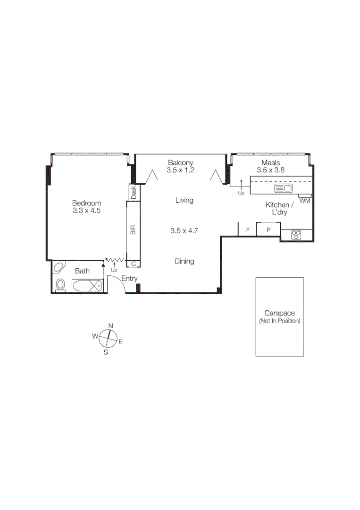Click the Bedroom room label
pyautogui.click(x=86, y=204)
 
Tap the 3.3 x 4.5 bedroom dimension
pyautogui.click(x=86, y=211)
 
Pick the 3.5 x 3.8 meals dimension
pyautogui.click(x=270, y=170)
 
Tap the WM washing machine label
pyautogui.click(x=305, y=201)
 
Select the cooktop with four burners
pyautogui.click(x=296, y=235)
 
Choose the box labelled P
pyautogui.click(x=268, y=230)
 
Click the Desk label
pyautogui.click(x=134, y=192)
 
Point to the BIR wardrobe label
pyautogui.click(x=133, y=230)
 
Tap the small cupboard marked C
pyautogui.click(x=134, y=263)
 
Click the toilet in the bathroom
pyautogui.click(x=60, y=285)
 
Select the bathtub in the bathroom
pyautogui.click(x=87, y=285)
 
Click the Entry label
pyautogui.click(x=129, y=279)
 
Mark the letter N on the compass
pyautogui.click(x=111, y=326)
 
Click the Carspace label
pyautogui.click(x=279, y=313)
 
